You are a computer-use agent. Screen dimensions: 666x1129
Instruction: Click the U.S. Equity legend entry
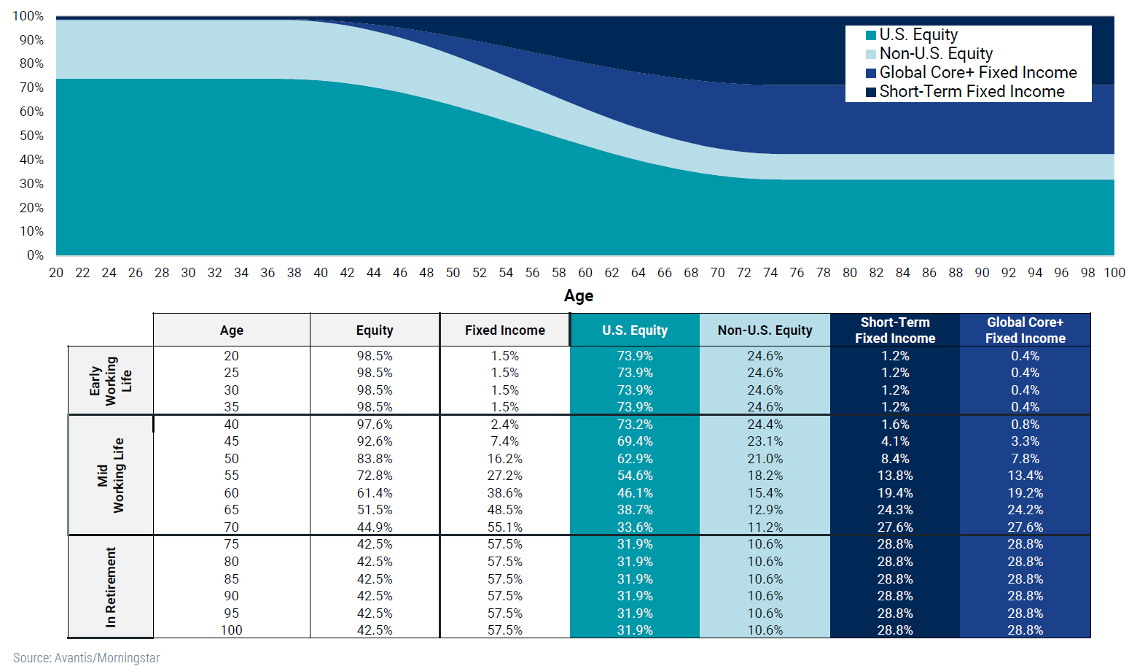coord(918,35)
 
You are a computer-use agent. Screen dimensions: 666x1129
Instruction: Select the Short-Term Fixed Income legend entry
coord(971,92)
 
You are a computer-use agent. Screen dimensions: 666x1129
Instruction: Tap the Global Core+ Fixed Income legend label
coord(977,73)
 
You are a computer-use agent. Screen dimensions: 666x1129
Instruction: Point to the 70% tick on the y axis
coord(31,88)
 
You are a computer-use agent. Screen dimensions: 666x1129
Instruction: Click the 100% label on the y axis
coord(28,16)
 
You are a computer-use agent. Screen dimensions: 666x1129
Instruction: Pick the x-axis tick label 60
coord(585,273)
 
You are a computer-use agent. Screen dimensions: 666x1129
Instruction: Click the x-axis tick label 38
coord(294,273)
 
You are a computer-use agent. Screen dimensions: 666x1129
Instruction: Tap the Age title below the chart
coord(579,296)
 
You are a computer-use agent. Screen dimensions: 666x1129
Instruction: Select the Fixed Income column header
coord(504,330)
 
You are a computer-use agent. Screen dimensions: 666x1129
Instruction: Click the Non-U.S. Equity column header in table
coord(765,330)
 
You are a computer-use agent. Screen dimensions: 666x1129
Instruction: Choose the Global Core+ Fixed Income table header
coord(1025,330)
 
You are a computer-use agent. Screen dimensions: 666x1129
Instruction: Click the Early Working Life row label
coord(110,381)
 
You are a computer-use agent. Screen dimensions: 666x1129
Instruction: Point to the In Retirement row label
coord(110,587)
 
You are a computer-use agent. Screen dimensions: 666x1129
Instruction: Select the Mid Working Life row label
coord(110,476)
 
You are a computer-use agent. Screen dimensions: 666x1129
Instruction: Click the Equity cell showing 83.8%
coord(375,459)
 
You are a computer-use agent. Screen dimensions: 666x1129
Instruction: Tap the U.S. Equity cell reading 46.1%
coord(635,493)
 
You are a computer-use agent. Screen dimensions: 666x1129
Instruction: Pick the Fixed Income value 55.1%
coord(504,527)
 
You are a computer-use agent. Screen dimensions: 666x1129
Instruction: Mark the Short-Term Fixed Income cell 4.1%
coord(894,441)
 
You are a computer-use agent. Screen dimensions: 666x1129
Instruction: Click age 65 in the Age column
coord(231,510)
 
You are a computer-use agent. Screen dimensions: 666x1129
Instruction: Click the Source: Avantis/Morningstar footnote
coord(86,658)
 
